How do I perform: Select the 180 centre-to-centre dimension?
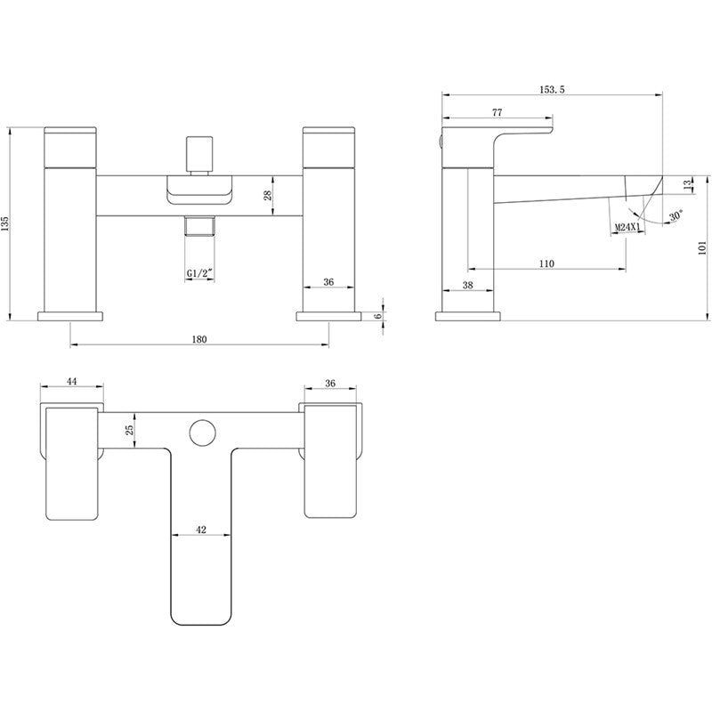coord(199,339)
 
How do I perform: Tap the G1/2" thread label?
coord(199,273)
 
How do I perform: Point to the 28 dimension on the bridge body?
coord(268,195)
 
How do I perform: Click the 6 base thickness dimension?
coord(378,315)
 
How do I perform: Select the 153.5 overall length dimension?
coord(553,90)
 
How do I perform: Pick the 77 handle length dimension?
coord(497,112)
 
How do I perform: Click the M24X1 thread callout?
coord(627,228)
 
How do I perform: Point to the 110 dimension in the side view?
coord(546,263)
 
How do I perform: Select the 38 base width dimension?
coord(468,287)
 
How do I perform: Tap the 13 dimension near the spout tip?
coord(686,183)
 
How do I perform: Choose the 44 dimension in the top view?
coord(72,381)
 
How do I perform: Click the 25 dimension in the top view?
coord(130,429)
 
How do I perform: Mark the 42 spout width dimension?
coord(200,530)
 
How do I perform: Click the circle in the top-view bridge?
coord(200,433)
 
